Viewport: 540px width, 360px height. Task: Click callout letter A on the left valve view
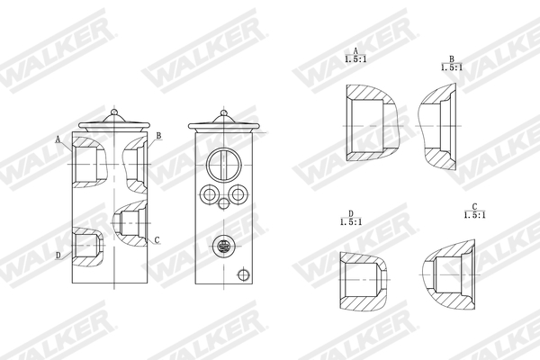(58, 140)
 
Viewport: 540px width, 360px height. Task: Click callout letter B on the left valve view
(158, 136)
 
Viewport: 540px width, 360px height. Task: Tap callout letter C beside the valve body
(157, 239)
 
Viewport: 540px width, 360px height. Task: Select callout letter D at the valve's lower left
(58, 256)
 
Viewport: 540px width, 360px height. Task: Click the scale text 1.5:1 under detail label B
(451, 67)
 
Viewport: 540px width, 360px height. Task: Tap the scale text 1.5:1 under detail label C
(473, 215)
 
